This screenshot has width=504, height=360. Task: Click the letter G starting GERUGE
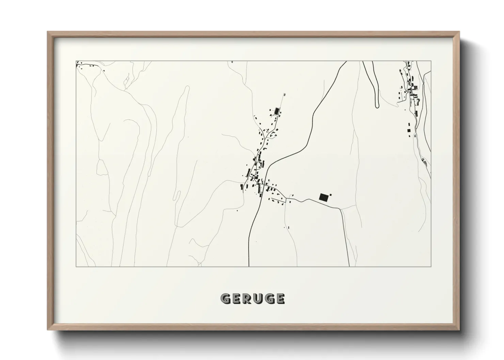[225, 299]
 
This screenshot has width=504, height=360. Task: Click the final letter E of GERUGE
[281, 299]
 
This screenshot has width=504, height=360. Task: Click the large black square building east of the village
[324, 197]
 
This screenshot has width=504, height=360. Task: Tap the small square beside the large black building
[331, 194]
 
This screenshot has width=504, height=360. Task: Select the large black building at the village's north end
[277, 111]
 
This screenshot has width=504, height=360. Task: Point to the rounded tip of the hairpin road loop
[377, 106]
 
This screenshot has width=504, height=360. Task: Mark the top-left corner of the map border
[76, 61]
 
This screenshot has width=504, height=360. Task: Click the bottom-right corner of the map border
[431, 266]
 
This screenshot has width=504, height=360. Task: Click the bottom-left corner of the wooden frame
[48, 330]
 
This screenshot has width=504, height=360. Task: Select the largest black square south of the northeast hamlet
[409, 130]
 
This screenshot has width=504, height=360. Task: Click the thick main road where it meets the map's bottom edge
[249, 266]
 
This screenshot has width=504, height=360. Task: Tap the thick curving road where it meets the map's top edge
[346, 62]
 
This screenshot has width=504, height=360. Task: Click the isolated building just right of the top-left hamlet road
[103, 71]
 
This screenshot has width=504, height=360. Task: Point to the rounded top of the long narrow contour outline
[187, 87]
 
